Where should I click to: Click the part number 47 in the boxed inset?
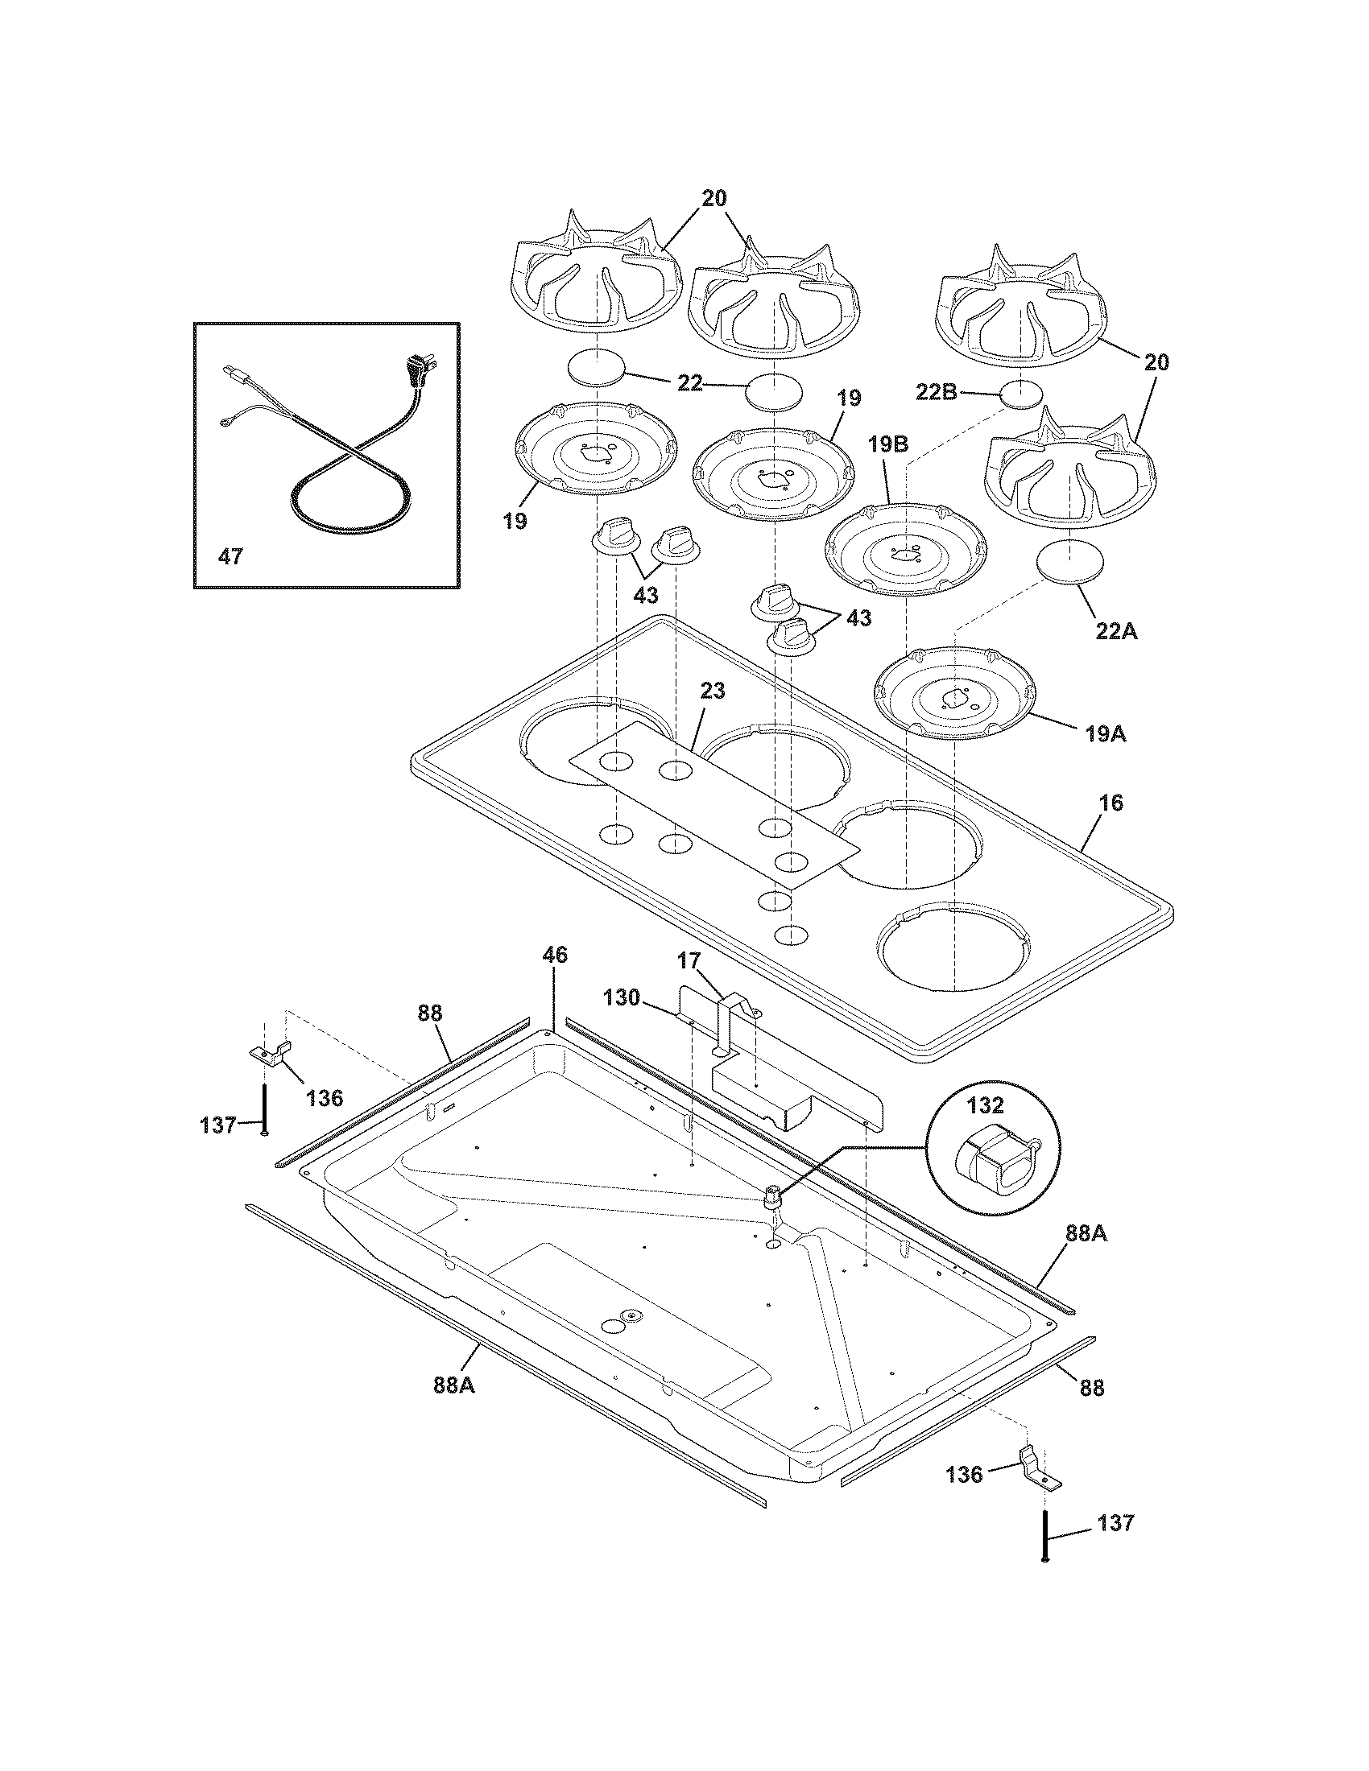(230, 557)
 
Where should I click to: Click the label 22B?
(959, 394)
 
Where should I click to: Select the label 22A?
(1116, 632)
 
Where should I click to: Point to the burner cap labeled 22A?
(1073, 561)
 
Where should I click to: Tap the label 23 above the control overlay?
(713, 691)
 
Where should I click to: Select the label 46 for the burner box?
(555, 955)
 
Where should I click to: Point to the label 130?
(621, 997)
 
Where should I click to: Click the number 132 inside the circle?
(986, 1104)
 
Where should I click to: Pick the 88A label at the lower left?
(454, 1385)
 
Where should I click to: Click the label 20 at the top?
(713, 199)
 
